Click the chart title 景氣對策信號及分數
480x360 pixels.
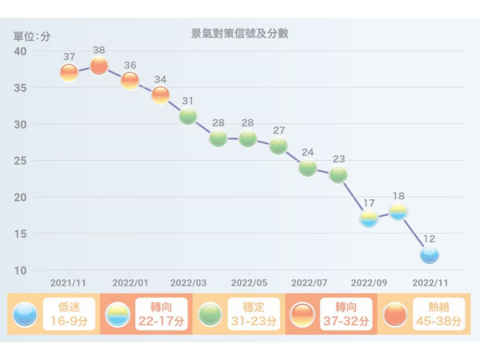point(239,34)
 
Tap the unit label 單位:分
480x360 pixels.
point(32,36)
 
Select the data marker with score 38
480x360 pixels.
point(99,66)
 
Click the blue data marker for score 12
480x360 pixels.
point(430,255)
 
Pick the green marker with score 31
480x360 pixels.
point(188,117)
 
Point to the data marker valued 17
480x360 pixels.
point(369,218)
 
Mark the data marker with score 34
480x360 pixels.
point(160,95)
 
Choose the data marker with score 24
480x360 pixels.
point(308,168)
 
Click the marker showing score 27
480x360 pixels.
point(278,146)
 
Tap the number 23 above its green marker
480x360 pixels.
point(338,158)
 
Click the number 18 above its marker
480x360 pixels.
point(398,196)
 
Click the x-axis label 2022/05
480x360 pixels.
point(248,282)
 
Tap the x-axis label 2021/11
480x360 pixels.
point(68,282)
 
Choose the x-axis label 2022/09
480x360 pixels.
point(368,282)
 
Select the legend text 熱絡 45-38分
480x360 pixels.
point(438,314)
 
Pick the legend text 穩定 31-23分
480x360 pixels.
point(253,314)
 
